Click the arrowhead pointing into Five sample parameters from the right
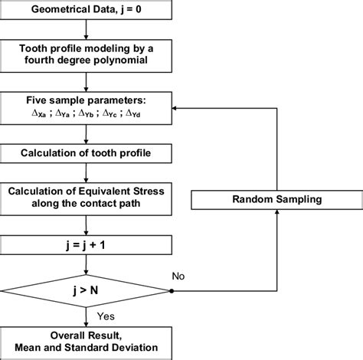click(x=176, y=109)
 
